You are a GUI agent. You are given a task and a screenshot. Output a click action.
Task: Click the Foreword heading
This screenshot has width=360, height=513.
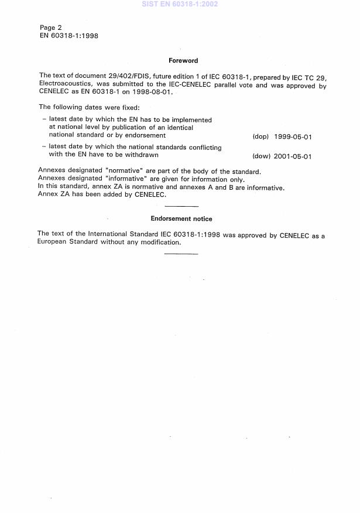183,60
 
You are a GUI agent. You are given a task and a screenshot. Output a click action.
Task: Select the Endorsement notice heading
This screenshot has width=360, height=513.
181,219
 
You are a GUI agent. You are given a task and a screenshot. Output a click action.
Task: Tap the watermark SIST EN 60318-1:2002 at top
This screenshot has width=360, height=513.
180,4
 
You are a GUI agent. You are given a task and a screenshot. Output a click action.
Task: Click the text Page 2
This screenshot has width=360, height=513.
51,28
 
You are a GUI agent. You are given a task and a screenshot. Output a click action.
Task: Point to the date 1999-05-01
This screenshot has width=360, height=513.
293,136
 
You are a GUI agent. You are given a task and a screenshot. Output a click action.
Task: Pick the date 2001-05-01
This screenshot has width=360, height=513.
293,156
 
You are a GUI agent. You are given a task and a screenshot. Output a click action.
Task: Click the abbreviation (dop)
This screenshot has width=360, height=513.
260,136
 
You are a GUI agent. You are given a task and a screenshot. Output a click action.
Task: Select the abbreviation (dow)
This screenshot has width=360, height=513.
260,156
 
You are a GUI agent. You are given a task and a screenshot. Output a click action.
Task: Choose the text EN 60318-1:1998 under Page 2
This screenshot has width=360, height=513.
68,36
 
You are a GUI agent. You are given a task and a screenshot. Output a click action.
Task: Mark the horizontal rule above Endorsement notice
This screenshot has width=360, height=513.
182,206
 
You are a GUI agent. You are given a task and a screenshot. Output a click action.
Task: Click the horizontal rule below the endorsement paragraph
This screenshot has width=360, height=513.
181,254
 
